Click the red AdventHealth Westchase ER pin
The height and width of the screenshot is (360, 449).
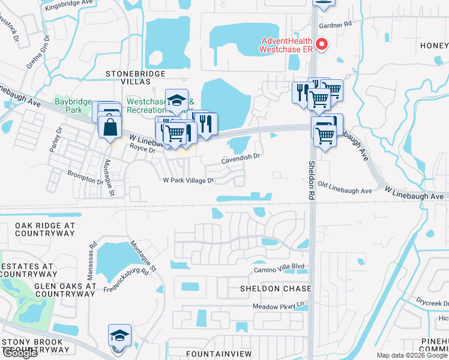pos(322,44)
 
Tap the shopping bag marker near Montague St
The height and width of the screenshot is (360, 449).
pos(111,128)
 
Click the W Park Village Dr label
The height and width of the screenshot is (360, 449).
pos(188,180)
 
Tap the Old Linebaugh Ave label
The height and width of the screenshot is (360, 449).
pos(345,188)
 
